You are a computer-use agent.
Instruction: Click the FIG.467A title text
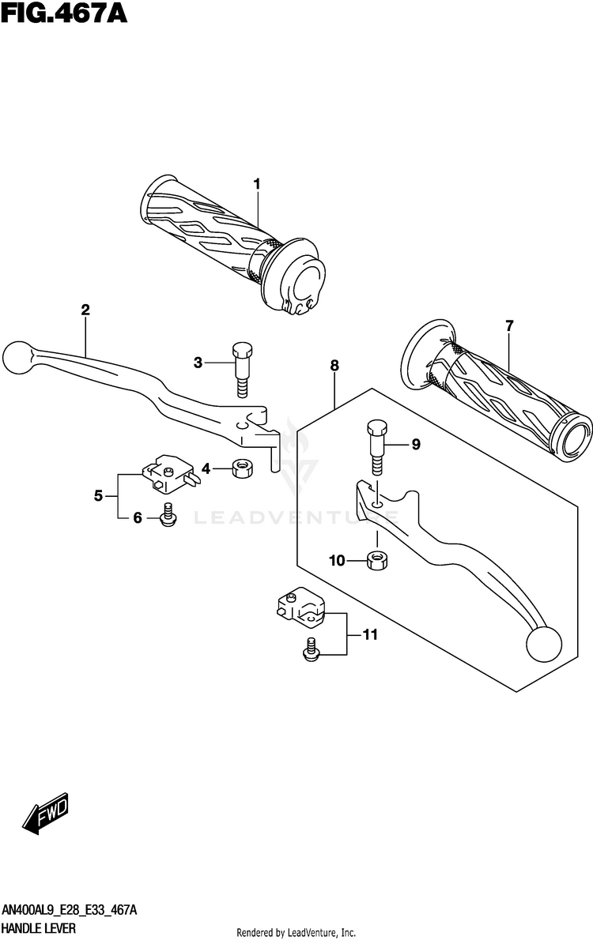tap(64, 13)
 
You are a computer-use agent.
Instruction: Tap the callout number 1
tap(257, 184)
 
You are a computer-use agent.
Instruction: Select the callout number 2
tap(85, 310)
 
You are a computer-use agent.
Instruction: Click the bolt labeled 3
tap(242, 370)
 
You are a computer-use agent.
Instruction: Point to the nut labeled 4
tap(242, 468)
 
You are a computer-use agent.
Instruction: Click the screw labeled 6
tap(168, 516)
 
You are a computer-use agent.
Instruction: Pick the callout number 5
tap(98, 496)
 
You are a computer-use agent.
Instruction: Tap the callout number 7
tap(509, 326)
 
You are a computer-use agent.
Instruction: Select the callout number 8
tap(334, 365)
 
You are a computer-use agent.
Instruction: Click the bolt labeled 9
tap(377, 448)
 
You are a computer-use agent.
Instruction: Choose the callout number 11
tap(370, 634)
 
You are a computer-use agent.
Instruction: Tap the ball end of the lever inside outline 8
tap(544, 643)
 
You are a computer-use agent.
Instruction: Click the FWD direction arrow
tap(46, 813)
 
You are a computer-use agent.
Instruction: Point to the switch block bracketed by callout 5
tap(168, 474)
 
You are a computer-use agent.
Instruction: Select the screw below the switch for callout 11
tap(311, 650)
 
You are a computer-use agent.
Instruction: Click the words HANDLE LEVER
tap(39, 929)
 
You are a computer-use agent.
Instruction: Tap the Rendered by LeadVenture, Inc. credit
tap(296, 932)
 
